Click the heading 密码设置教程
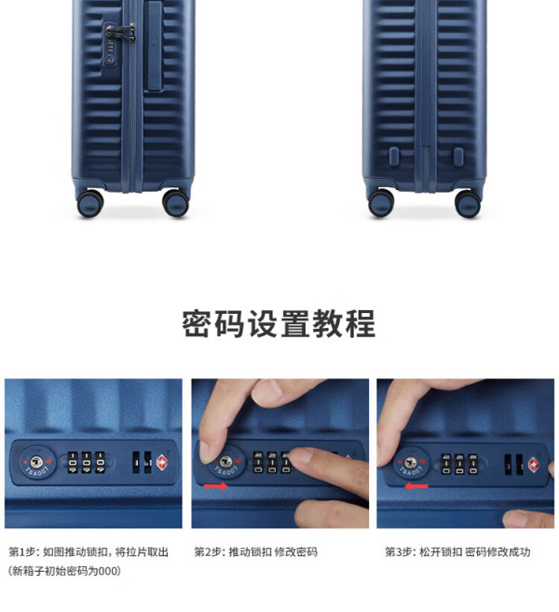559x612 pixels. click(x=279, y=323)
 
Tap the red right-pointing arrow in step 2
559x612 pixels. click(x=216, y=486)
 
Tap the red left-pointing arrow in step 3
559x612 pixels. click(x=416, y=486)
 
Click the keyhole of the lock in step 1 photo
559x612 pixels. click(x=36, y=462)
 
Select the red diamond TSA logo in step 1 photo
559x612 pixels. click(x=162, y=463)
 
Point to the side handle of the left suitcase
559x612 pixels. click(x=155, y=46)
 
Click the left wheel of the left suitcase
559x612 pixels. click(x=90, y=203)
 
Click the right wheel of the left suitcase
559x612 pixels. click(x=176, y=203)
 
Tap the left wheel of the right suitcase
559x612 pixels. click(x=381, y=203)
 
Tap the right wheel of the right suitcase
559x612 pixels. click(x=468, y=203)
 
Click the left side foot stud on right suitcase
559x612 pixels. click(x=394, y=156)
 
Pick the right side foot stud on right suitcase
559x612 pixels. click(x=458, y=156)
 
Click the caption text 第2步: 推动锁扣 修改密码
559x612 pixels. click(x=255, y=551)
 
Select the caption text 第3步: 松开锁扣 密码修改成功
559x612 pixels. click(x=457, y=551)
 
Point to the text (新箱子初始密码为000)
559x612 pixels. click(x=64, y=571)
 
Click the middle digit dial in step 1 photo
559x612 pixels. click(x=87, y=463)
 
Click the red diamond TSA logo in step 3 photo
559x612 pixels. click(x=534, y=465)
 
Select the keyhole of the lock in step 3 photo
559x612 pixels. click(x=410, y=463)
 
